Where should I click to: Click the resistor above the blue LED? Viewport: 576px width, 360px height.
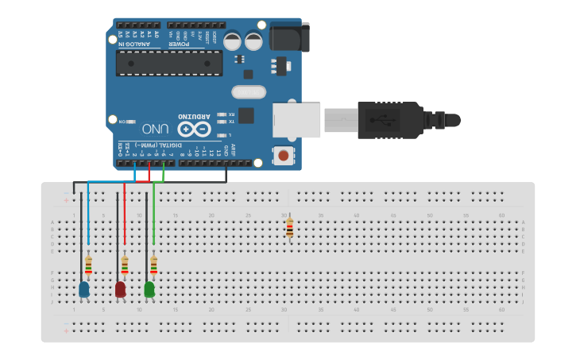coord(88,264)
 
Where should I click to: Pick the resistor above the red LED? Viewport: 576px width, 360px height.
coord(124,264)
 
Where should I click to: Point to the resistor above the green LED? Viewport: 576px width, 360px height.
coord(153,264)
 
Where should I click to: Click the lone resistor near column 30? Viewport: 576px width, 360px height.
coord(289,228)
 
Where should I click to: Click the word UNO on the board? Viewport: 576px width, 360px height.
coord(155,128)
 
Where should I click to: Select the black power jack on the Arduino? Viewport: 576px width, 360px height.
coord(288,37)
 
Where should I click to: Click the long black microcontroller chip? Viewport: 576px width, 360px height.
coord(169,64)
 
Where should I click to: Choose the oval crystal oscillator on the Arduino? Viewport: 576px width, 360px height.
coord(248,92)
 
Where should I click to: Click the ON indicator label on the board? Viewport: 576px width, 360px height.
coord(124,122)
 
